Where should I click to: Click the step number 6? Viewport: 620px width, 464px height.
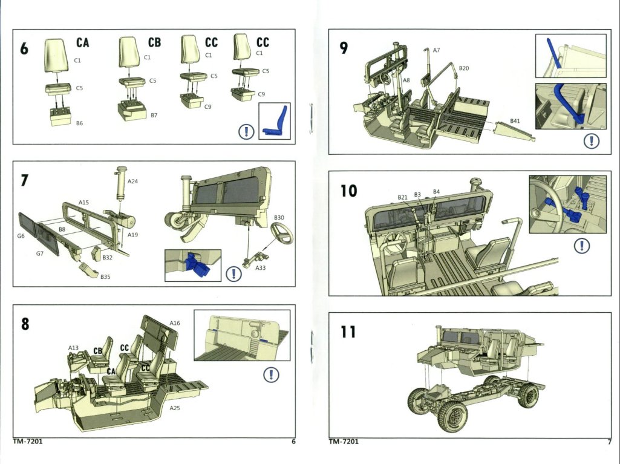pos(24,48)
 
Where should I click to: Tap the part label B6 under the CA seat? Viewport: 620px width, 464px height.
pos(79,123)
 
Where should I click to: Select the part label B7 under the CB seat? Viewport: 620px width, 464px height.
pos(154,114)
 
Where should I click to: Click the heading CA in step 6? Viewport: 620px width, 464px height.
pos(83,43)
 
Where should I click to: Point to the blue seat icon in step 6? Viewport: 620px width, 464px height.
pos(275,121)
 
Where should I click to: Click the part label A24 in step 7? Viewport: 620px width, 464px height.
pos(133,181)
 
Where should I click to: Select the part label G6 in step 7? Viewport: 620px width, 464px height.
pos(21,236)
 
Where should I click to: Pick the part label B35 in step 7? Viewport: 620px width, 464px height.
pos(105,277)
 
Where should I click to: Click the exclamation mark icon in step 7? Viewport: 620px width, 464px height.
pos(233,274)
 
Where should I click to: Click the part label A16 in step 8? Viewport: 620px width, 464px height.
pos(175,323)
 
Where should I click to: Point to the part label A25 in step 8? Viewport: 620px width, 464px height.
pos(175,408)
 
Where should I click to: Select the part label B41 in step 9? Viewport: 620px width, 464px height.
pos(515,121)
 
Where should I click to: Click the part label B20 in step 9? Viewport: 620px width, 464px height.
pos(464,68)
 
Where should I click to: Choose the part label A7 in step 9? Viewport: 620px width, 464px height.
pos(436,50)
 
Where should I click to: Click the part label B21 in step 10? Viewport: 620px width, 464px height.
pos(403,197)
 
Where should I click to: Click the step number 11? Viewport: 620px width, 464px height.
pos(347,332)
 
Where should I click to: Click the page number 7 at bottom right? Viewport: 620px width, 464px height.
pos(609,442)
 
